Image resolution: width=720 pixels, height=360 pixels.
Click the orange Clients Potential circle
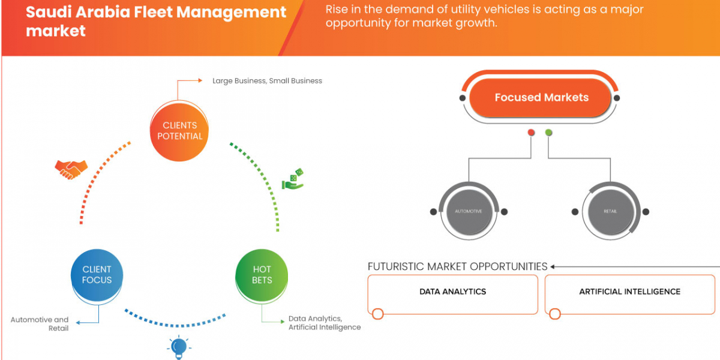(x=179, y=131)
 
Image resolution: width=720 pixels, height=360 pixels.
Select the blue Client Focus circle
(x=97, y=275)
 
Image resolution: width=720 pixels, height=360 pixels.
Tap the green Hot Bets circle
(x=262, y=275)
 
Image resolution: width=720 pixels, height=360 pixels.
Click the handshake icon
(x=71, y=169)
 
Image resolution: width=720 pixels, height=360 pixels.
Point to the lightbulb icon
(x=178, y=347)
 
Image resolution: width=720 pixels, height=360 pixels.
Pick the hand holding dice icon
(x=293, y=179)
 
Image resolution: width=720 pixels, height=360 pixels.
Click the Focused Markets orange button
(x=541, y=97)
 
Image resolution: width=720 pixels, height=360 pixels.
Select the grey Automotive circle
(x=468, y=211)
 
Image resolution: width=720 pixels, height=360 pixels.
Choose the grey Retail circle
(x=610, y=211)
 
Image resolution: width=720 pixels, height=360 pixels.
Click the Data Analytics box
(x=452, y=292)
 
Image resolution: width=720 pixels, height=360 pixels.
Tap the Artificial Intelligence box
(x=629, y=292)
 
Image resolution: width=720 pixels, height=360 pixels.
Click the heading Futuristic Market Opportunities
(x=457, y=266)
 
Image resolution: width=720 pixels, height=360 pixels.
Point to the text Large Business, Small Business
(x=267, y=80)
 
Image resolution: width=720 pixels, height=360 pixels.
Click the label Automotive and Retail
(x=40, y=324)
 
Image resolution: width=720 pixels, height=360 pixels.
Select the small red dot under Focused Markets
(x=531, y=133)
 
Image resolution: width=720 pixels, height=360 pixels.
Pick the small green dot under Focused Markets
(x=548, y=133)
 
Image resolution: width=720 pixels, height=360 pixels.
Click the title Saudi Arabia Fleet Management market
(x=156, y=20)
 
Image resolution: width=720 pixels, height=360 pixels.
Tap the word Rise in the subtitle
(x=338, y=10)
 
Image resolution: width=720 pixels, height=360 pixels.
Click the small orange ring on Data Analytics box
(x=377, y=314)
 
